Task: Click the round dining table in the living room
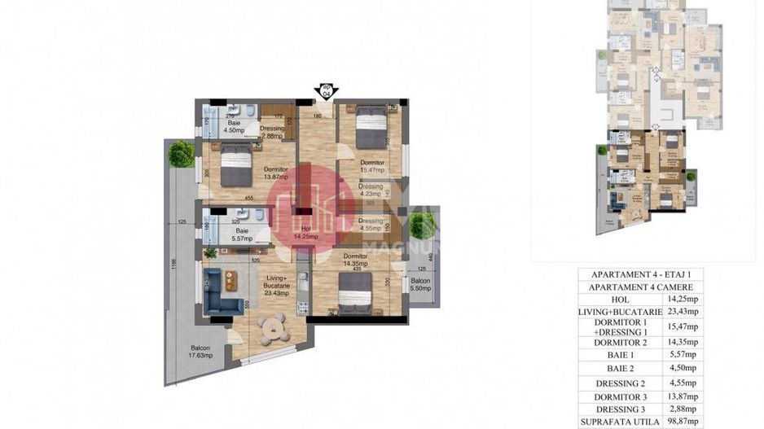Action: point(271,328)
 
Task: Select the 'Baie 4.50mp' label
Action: point(235,126)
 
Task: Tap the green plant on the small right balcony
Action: point(422,225)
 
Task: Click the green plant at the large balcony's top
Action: point(180,153)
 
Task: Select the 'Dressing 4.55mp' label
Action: point(371,225)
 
